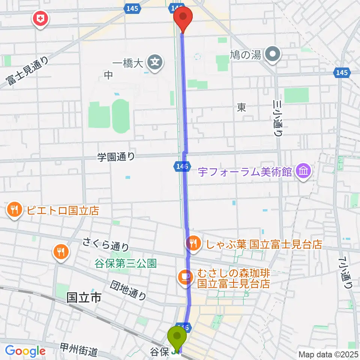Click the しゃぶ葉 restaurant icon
pyautogui.click(x=193, y=244)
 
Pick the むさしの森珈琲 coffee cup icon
pyautogui.click(x=184, y=277)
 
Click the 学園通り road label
pyautogui.click(x=117, y=157)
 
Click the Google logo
pyautogui.click(x=25, y=351)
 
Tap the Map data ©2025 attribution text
pyautogui.click(x=327, y=354)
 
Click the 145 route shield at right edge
pyautogui.click(x=342, y=73)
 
